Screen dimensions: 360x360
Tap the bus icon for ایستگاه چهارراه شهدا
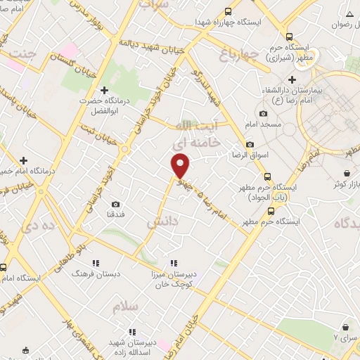click(227, 11)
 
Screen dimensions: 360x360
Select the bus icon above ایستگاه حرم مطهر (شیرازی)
click(289, 37)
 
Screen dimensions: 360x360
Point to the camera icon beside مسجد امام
click(263, 113)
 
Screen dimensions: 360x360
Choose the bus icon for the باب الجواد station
click(266, 176)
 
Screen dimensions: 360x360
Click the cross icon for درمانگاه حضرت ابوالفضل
click(104, 90)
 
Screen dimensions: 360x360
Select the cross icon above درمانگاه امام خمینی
click(23, 160)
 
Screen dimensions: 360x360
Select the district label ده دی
click(38, 226)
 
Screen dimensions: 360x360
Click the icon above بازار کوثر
click(346, 173)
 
